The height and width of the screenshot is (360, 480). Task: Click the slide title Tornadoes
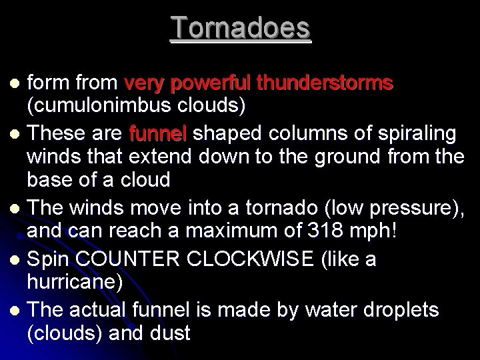(x=240, y=29)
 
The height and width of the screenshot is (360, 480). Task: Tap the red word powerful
(x=214, y=84)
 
